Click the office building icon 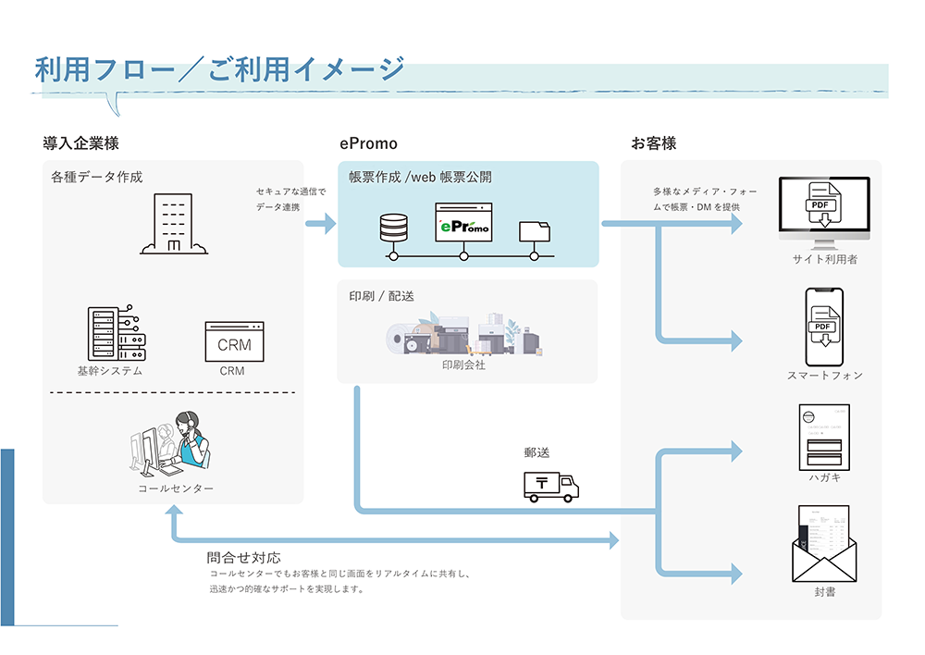(174, 224)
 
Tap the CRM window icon (234, 341)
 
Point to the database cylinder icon (393, 227)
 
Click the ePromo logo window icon (463, 222)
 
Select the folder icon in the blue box (534, 231)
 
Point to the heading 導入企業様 (80, 143)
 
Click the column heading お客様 (653, 143)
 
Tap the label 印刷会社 (463, 365)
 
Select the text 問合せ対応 (243, 558)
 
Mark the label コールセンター (175, 488)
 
